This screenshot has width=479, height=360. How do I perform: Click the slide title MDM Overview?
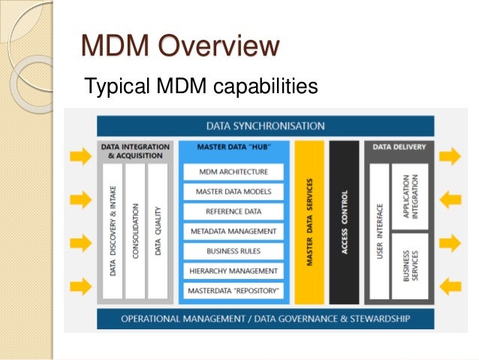pos(179,47)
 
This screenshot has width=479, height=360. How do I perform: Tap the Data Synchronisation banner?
pos(265,126)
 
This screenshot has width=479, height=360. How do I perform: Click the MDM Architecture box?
pos(233,172)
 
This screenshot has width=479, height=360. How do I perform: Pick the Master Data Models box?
pos(233,192)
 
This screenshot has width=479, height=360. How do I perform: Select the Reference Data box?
pos(233,211)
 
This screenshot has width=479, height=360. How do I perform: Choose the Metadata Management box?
pos(233,231)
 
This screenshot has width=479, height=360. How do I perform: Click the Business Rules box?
pos(233,250)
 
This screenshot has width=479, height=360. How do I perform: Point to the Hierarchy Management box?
pos(233,270)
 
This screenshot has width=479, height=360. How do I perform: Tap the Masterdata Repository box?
pos(233,289)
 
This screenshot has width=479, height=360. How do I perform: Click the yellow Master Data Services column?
pos(309,222)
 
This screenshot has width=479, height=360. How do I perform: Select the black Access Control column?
pos(344,222)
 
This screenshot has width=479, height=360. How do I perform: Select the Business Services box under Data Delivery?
pos(411,265)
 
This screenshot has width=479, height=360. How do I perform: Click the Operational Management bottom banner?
pos(265,319)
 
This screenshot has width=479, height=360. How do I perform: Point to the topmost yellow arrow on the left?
pos(78,156)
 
